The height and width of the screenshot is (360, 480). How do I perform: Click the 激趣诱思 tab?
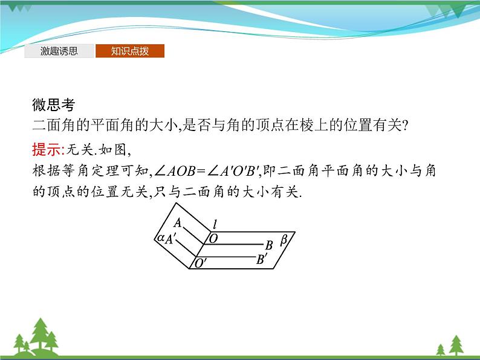59,51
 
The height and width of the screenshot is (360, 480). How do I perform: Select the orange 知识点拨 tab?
130,51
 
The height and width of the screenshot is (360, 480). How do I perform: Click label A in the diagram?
178,223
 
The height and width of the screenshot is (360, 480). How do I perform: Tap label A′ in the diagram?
172,239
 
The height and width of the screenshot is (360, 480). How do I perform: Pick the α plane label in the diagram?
161,238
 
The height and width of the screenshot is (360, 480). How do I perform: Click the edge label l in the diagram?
215,225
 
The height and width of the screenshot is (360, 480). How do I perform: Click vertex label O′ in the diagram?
200,263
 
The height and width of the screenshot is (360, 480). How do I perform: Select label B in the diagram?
269,244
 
